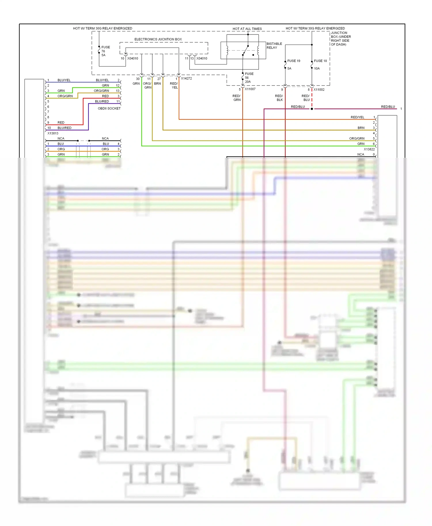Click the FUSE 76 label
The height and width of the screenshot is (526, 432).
[x=105, y=51]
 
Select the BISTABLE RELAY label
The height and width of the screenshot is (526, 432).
[x=274, y=45]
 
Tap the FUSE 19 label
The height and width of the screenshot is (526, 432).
[x=293, y=61]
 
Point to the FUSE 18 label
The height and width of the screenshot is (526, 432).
[x=320, y=61]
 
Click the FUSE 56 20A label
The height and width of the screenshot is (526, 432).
[x=249, y=78]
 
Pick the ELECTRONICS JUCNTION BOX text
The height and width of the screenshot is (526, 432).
[x=158, y=39]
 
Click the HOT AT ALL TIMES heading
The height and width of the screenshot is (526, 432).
[x=247, y=29]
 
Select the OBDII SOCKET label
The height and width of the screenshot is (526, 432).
[x=109, y=108]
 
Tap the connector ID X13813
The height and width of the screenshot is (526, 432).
[x=53, y=133]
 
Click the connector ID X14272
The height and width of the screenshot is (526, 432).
[x=186, y=78]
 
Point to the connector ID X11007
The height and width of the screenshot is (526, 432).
[x=250, y=89]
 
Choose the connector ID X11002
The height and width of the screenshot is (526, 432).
[x=319, y=89]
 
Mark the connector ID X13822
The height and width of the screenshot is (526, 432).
[x=369, y=149]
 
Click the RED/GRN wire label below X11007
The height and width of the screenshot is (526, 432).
[x=236, y=98]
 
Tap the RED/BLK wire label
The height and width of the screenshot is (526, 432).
[x=279, y=98]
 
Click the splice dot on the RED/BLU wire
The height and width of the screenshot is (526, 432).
[x=312, y=109]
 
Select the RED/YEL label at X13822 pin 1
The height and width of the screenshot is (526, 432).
[x=357, y=117]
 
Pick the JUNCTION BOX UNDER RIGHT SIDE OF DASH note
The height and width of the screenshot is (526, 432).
[x=340, y=39]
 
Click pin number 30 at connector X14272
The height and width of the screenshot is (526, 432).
[x=138, y=79]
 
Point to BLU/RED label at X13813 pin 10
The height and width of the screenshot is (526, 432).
[x=64, y=128]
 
